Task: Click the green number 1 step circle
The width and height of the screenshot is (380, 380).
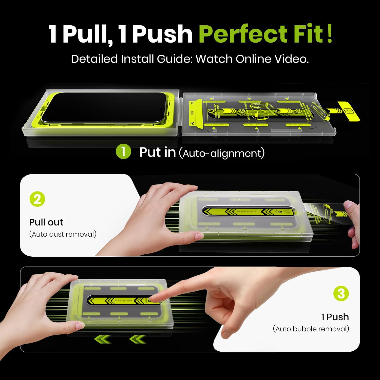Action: point(123,151)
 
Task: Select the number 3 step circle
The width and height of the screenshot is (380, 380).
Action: point(341,294)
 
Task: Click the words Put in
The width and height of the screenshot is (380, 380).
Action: point(157,153)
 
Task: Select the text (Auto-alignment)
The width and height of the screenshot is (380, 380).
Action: point(222,153)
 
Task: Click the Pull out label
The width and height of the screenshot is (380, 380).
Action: point(46,222)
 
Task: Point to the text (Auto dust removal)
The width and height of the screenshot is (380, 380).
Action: point(63,234)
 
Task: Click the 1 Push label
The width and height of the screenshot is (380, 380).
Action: point(335,317)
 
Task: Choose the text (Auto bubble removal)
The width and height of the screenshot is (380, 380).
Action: point(311,329)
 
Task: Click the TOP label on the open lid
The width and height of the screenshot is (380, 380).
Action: point(192,112)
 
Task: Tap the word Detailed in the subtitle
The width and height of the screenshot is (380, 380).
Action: point(94,59)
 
